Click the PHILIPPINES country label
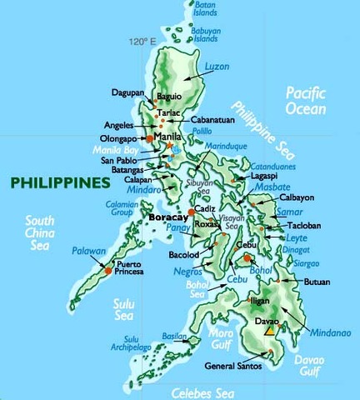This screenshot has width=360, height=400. click(x=60, y=181)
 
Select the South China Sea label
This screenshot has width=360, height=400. click(x=39, y=232)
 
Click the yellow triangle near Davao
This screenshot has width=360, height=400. click(x=269, y=332)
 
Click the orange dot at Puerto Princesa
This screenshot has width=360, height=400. click(x=108, y=269)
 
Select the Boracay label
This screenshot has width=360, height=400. click(x=169, y=217)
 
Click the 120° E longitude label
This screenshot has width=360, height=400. click(x=142, y=41)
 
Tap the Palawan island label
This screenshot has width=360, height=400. click(x=88, y=250)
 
